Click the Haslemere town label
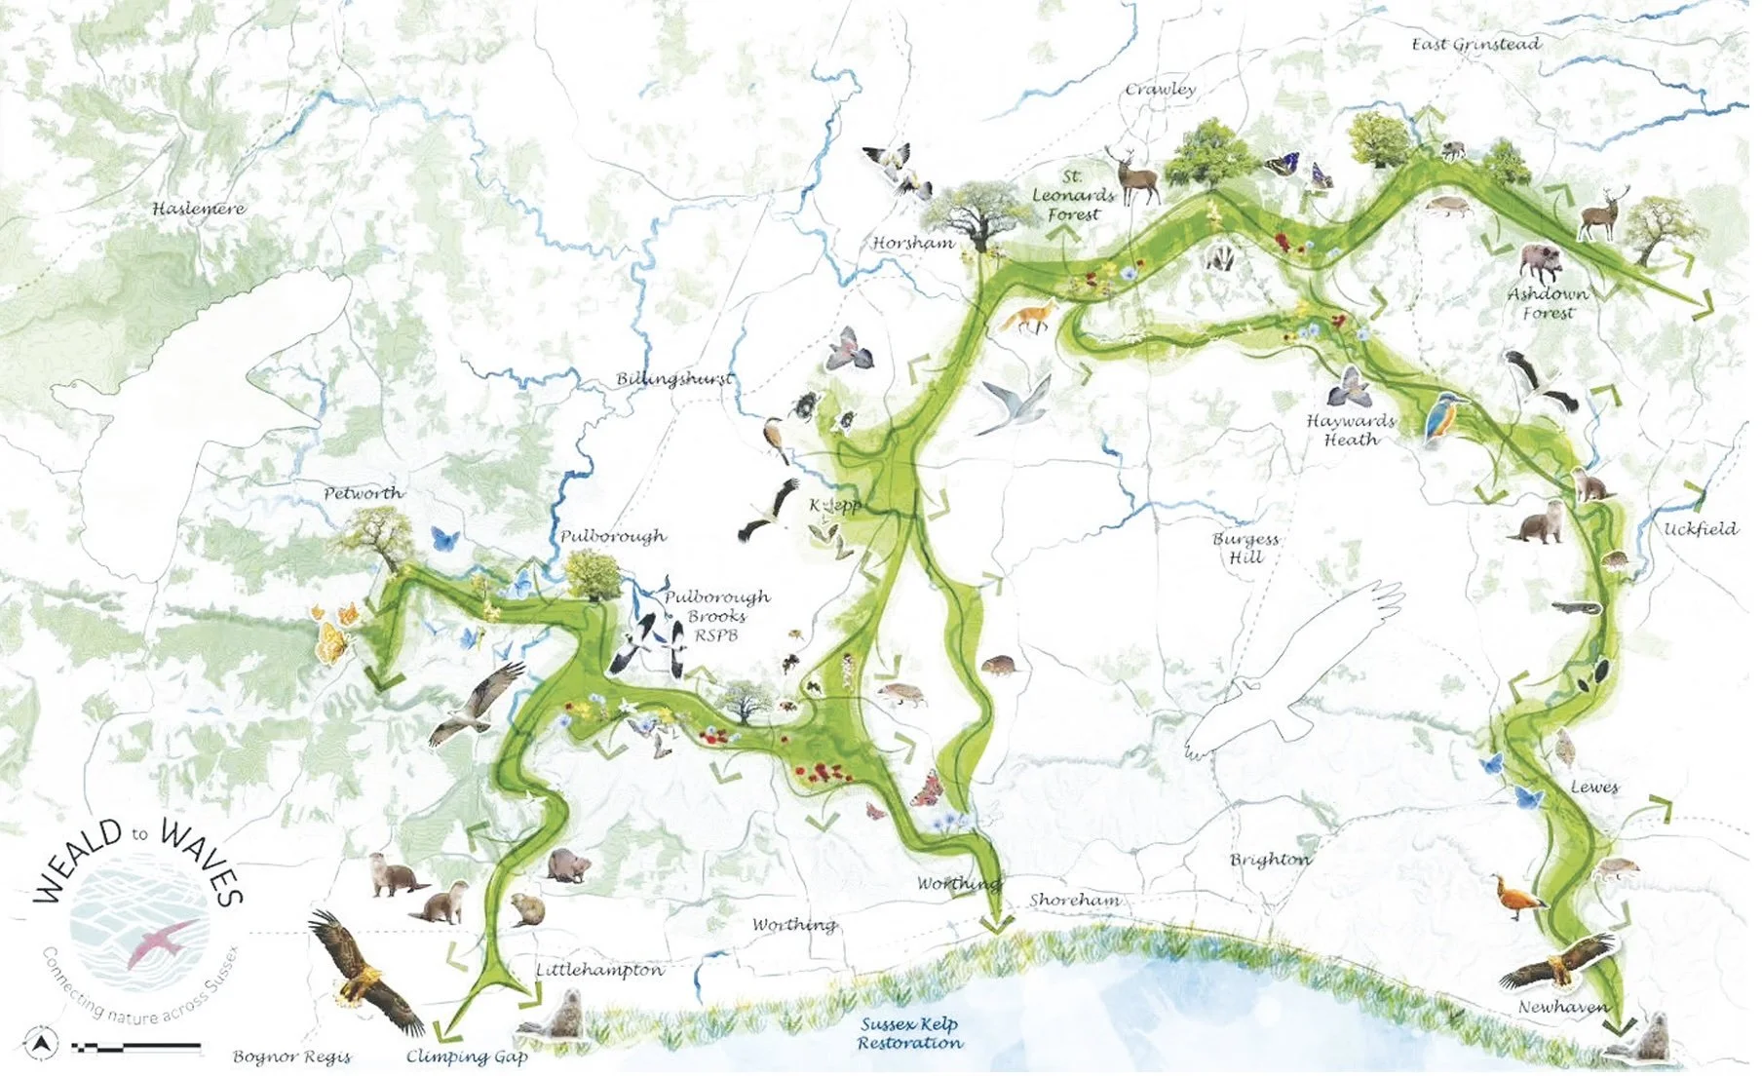(199, 209)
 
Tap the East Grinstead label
(1475, 44)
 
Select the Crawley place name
(1160, 89)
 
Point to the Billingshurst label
(674, 378)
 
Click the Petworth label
(363, 493)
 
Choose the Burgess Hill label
(1245, 548)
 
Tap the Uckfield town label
(1701, 529)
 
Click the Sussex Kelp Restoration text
(909, 1034)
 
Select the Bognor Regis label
(291, 1057)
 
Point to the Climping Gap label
(467, 1057)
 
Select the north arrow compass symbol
(40, 1046)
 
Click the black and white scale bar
(136, 1048)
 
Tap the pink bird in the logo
(161, 941)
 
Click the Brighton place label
(1270, 860)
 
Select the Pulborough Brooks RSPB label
(716, 616)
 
